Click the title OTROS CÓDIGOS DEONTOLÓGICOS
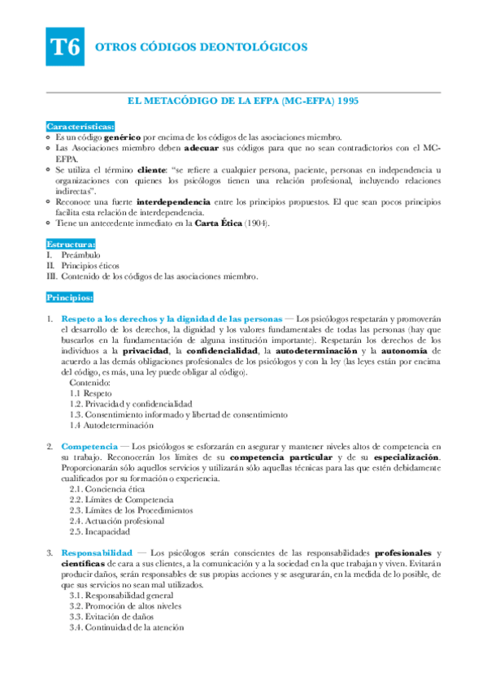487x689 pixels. tap(202, 48)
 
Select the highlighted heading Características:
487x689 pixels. tap(80, 127)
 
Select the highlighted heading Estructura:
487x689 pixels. tap(71, 244)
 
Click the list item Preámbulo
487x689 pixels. tap(80, 255)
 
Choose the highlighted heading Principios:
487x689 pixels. tap(71, 297)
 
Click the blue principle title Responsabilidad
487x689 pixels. tap(98, 552)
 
